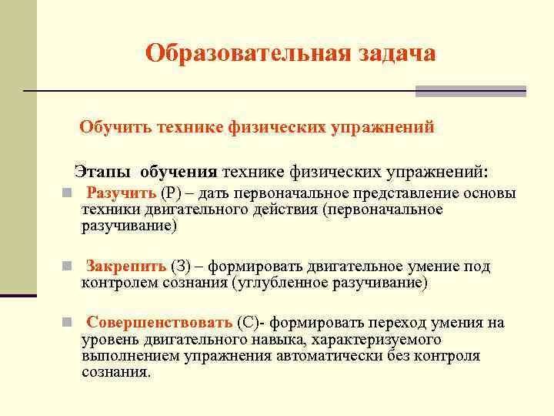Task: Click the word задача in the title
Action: (x=396, y=53)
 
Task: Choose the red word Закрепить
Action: (x=126, y=267)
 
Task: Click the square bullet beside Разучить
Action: (x=68, y=193)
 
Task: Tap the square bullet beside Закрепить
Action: (x=68, y=267)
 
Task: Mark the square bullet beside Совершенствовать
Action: (x=68, y=323)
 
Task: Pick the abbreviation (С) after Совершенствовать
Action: (x=249, y=322)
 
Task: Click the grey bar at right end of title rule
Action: (x=470, y=91)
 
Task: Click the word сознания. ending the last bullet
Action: (x=116, y=372)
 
